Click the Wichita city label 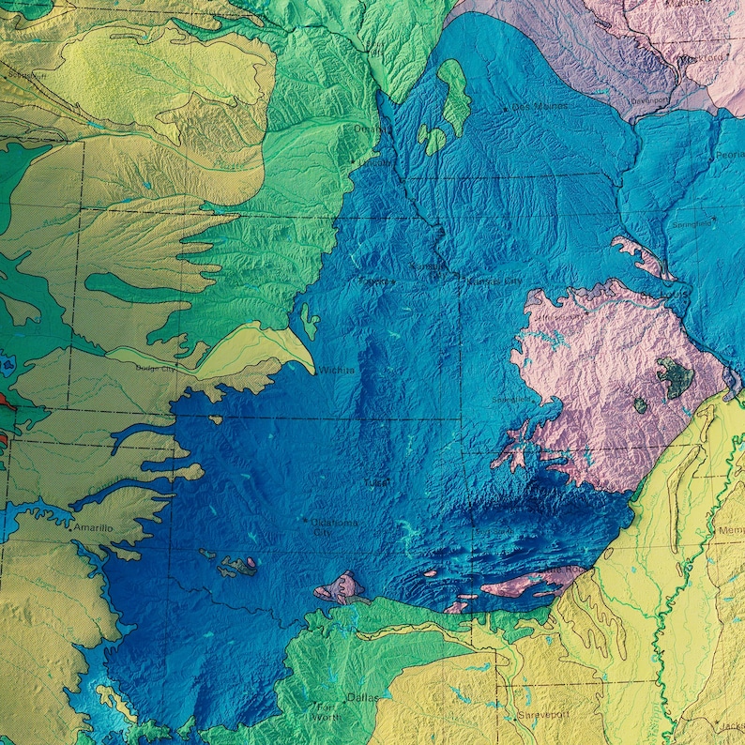(x=337, y=371)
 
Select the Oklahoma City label (x=323, y=527)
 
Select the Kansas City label (x=494, y=281)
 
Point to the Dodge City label (x=156, y=368)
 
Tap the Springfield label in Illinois (x=692, y=225)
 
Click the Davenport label (x=652, y=100)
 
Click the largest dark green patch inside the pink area (x=675, y=376)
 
